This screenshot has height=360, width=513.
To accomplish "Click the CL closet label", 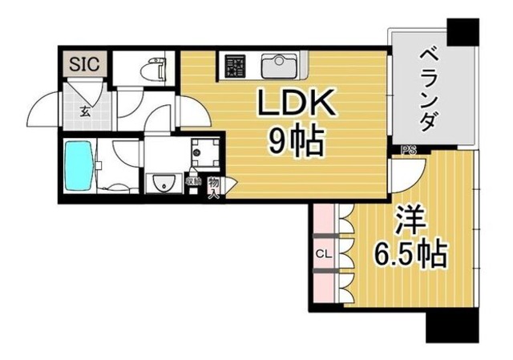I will (x=322, y=255).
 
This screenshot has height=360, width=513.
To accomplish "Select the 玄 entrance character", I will (x=84, y=111).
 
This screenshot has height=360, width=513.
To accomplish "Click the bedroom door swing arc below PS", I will (x=405, y=173).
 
